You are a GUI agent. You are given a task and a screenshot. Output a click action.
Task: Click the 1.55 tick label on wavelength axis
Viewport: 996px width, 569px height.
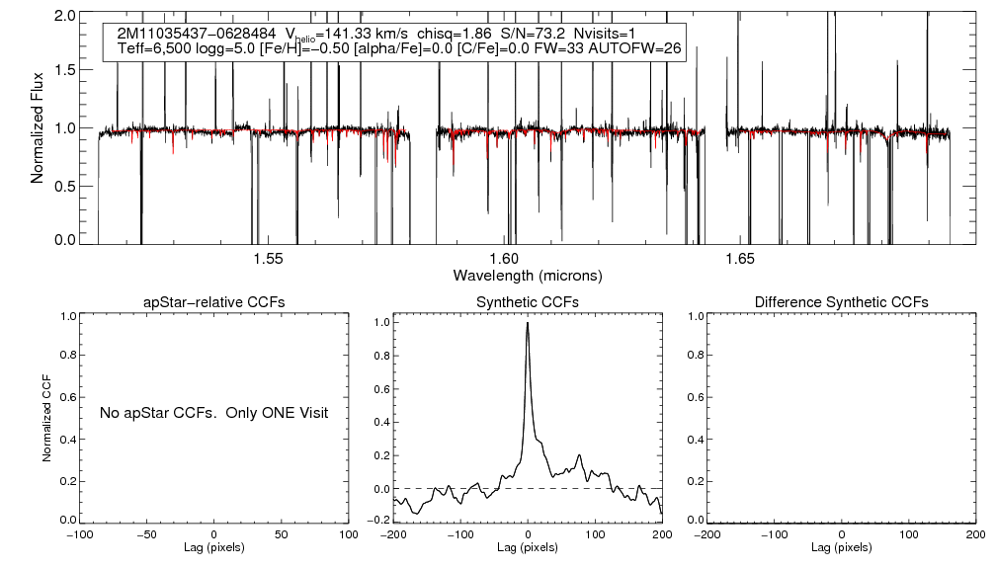(268, 258)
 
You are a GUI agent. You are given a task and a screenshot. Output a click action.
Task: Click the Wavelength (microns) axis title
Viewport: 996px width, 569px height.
(527, 274)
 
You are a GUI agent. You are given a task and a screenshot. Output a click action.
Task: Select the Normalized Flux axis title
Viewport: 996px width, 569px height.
(38, 127)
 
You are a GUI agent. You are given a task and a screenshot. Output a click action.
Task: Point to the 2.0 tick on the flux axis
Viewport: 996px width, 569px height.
(68, 17)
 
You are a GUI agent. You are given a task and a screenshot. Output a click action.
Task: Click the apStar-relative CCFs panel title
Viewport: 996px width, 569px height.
(214, 302)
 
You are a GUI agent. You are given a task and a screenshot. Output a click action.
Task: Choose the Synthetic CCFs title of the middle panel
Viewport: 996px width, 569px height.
(528, 302)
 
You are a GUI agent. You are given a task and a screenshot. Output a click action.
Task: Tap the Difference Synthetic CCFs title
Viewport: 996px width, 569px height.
(841, 302)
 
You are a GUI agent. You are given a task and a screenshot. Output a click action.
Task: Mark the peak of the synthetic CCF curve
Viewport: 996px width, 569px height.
(528, 322)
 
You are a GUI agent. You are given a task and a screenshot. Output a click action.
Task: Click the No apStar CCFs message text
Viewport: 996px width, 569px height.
(213, 412)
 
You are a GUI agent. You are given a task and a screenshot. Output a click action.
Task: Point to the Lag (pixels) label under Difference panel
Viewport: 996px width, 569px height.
(841, 547)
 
